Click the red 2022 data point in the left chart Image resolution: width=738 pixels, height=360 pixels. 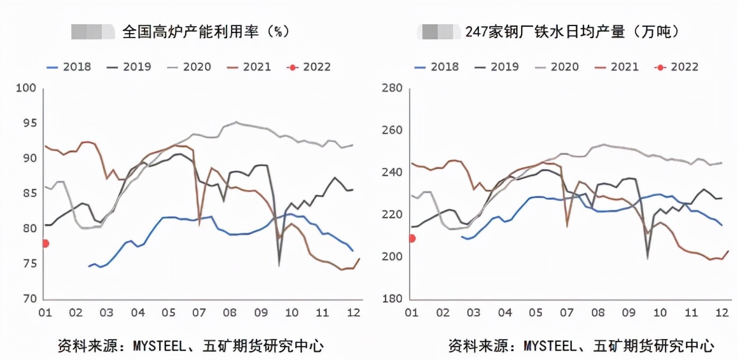pyautogui.click(x=45, y=243)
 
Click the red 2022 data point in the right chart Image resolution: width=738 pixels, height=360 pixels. pyautogui.click(x=412, y=239)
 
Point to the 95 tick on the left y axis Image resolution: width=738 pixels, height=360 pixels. pyautogui.click(x=28, y=123)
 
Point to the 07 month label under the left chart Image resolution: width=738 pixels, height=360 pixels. pyautogui.click(x=198, y=313)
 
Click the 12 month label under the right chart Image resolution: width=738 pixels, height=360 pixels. pyautogui.click(x=722, y=313)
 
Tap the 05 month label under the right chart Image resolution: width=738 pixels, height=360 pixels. pyautogui.click(x=536, y=313)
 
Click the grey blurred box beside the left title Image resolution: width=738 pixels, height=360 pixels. pyautogui.click(x=92, y=31)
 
